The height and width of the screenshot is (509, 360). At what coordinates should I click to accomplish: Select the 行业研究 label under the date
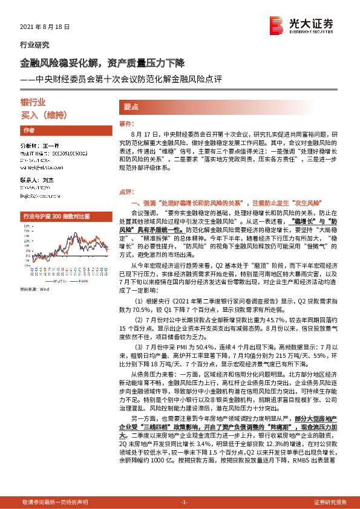35,45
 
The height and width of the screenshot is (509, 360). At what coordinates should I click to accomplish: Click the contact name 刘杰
46,180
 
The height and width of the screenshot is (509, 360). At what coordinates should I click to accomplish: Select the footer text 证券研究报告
330,502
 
